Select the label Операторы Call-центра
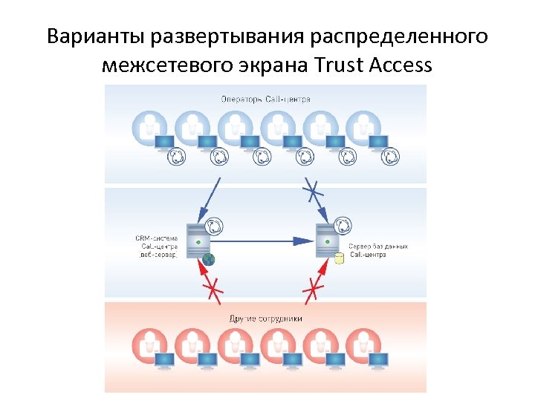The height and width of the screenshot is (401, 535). tap(265, 99)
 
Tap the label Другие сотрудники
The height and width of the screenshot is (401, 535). tap(265, 319)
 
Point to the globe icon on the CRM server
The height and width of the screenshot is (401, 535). tap(208, 259)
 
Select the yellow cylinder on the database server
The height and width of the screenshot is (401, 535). tap(340, 259)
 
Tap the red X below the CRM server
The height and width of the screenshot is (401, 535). tap(214, 287)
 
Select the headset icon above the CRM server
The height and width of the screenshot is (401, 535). tap(213, 224)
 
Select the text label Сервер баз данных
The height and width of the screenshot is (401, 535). tap(378, 247)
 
